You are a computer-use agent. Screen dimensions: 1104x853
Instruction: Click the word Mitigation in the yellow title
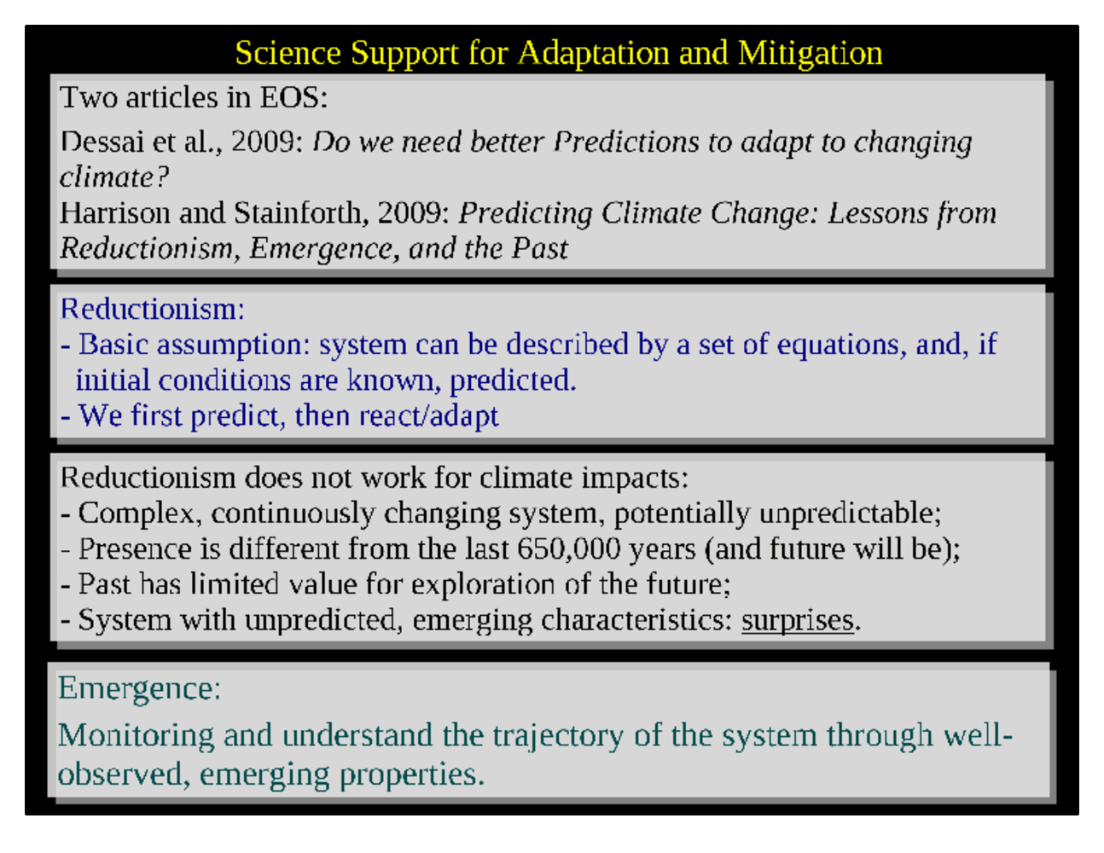tap(810, 54)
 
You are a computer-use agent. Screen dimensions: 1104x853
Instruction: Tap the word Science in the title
tap(288, 53)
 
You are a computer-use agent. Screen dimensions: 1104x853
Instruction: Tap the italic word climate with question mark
tap(114, 177)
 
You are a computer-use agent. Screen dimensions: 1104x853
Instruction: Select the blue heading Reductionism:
tap(153, 309)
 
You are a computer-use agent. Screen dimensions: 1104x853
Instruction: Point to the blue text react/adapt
tap(429, 416)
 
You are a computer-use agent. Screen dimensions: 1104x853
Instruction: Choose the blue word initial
tap(113, 380)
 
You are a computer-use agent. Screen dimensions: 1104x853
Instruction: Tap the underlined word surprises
tap(798, 620)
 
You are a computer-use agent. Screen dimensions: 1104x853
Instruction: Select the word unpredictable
tap(851, 514)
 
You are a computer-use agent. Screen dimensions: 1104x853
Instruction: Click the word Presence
tap(135, 548)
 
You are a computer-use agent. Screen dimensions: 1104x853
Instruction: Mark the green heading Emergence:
tap(139, 689)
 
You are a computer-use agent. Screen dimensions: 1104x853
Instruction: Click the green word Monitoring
tap(137, 736)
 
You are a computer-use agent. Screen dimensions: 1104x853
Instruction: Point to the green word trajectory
tap(558, 737)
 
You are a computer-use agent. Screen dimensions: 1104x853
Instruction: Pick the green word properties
tap(412, 775)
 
